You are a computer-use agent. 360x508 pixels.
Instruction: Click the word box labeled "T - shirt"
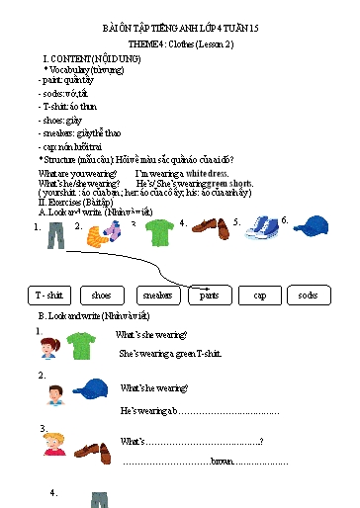48,295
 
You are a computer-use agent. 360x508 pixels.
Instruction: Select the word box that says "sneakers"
156,295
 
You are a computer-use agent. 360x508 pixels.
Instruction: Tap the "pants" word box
210,295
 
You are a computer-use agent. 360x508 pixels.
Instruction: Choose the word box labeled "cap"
259,295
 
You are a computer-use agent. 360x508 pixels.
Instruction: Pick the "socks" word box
309,295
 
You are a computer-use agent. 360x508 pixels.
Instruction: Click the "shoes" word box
102,295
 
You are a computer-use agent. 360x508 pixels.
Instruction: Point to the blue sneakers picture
263,232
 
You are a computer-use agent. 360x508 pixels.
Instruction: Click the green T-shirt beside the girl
83,346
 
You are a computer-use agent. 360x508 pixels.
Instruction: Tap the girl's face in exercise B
47,347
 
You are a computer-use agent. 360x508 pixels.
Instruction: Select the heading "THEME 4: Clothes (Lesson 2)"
181,45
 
